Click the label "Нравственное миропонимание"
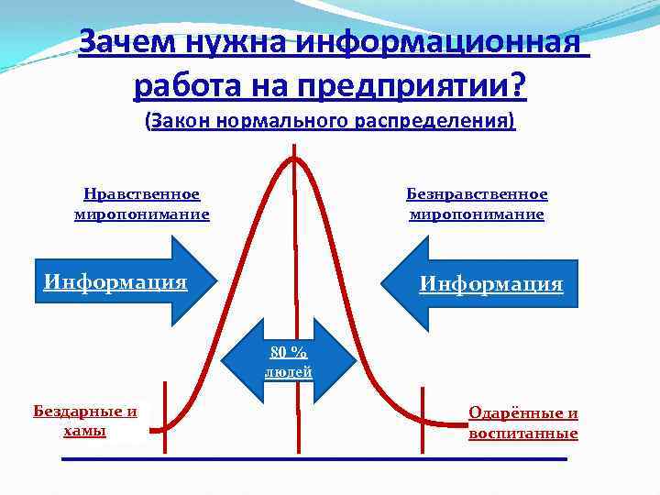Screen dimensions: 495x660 [x=142, y=204]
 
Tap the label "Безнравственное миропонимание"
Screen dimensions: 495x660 [x=477, y=204]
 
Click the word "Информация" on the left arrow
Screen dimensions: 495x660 [x=115, y=280]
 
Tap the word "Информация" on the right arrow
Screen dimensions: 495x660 [x=491, y=284]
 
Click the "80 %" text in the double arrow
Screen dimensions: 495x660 [x=289, y=353]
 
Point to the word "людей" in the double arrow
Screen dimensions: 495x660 [x=289, y=371]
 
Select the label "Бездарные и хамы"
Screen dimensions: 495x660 [x=85, y=421]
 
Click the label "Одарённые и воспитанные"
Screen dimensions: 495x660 [x=523, y=423]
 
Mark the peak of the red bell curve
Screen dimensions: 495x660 [x=294, y=158]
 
